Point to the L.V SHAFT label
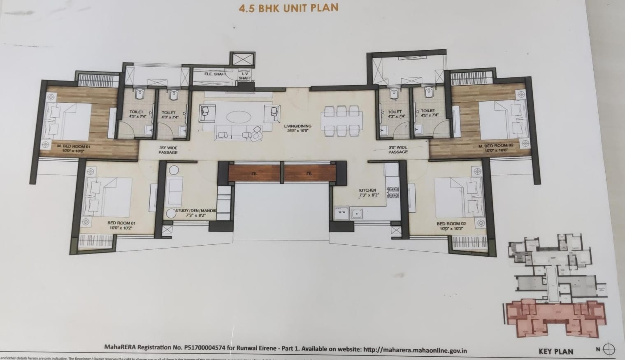[245, 75]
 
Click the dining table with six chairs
[343, 121]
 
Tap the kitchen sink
[356, 213]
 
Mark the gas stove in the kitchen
[393, 193]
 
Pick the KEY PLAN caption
[555, 351]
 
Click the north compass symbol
[609, 349]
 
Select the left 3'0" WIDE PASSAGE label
[168, 150]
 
